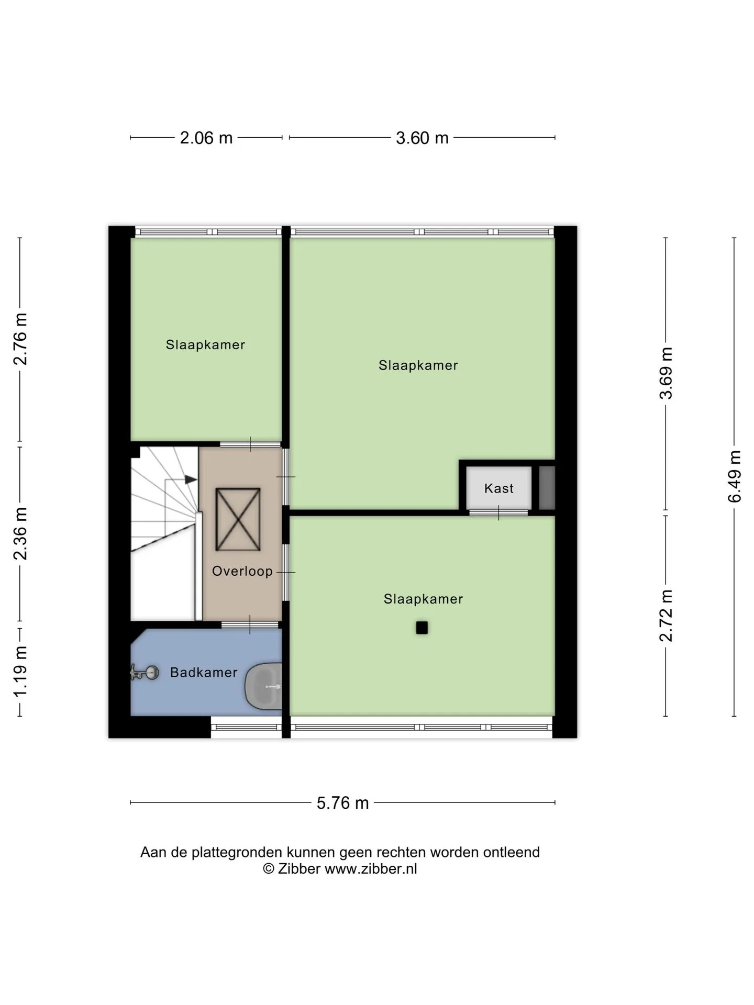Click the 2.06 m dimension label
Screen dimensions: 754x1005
[x=206, y=138]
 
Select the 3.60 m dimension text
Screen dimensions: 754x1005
[x=422, y=138]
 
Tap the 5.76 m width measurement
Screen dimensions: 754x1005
[x=342, y=803]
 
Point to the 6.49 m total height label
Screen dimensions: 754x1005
[x=735, y=476]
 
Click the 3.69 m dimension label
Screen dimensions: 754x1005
[x=666, y=373]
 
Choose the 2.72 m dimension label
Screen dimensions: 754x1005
[x=666, y=616]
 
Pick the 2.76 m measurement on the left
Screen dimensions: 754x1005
[x=20, y=339]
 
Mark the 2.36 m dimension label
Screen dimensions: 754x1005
[x=20, y=533]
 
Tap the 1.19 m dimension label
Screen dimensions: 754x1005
[x=20, y=672]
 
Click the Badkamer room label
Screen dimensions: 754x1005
[x=204, y=672]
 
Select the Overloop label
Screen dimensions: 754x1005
[x=242, y=571]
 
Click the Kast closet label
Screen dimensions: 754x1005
[x=499, y=488]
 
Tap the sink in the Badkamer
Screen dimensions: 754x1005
[x=264, y=686]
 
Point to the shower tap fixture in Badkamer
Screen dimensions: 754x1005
[x=144, y=673]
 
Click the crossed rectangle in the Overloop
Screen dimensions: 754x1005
[x=238, y=519]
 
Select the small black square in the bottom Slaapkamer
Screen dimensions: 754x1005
[x=422, y=628]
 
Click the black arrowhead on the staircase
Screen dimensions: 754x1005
[x=191, y=479]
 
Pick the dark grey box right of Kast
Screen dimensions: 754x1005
[x=547, y=488]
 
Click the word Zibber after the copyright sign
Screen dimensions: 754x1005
[x=299, y=869]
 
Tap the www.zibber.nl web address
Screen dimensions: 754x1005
[x=371, y=869]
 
